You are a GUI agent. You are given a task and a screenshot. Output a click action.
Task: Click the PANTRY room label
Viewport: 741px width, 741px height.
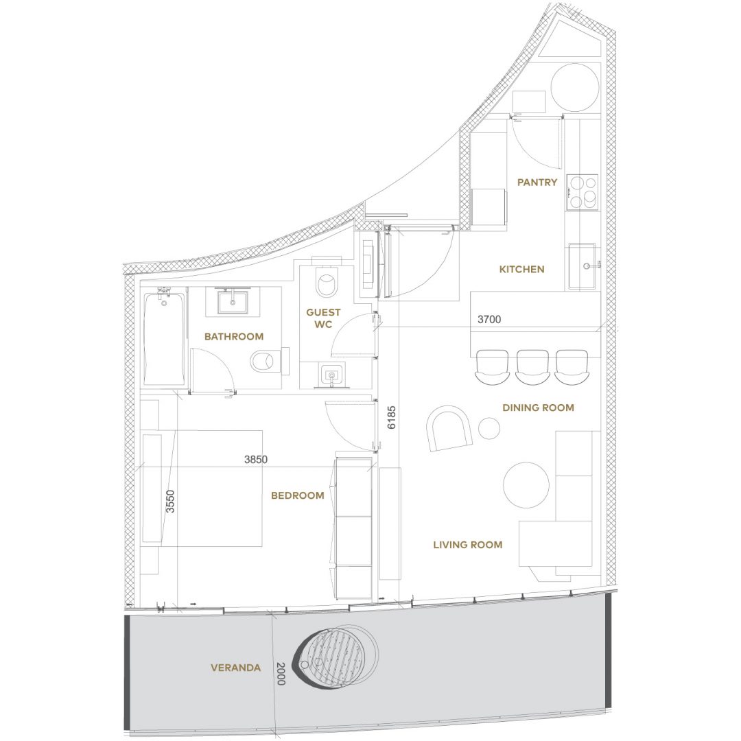click(x=537, y=183)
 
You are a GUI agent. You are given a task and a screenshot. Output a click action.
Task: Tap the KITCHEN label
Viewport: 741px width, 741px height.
click(x=521, y=270)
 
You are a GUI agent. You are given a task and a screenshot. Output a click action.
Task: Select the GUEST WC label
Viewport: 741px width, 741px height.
click(x=323, y=318)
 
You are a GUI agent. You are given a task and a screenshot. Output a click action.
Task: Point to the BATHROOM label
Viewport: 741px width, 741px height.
click(x=234, y=336)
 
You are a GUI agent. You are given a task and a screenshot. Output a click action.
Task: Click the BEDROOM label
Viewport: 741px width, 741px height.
click(x=298, y=495)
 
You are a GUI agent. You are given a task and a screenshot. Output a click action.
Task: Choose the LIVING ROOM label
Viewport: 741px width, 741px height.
click(x=468, y=545)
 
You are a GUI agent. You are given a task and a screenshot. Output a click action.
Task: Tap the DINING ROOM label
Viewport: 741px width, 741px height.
click(x=539, y=408)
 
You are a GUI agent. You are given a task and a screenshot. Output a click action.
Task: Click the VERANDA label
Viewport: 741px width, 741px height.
click(x=235, y=668)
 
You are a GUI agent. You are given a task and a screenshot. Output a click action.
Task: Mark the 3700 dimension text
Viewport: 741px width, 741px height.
click(x=489, y=320)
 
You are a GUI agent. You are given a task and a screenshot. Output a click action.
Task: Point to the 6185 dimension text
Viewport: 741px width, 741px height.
click(x=391, y=418)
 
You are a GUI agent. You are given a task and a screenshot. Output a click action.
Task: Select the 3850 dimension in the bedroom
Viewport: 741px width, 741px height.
click(x=256, y=459)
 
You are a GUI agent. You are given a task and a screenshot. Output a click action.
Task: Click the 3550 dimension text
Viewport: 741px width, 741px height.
click(x=170, y=502)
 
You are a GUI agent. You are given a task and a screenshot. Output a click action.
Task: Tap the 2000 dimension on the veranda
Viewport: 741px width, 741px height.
click(x=281, y=674)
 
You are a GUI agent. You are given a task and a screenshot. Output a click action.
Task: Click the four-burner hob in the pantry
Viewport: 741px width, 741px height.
click(x=583, y=192)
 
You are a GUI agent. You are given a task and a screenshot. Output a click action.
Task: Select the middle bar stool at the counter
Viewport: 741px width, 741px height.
click(x=532, y=366)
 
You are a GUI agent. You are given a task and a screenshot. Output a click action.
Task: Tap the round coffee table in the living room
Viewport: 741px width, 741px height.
click(x=526, y=485)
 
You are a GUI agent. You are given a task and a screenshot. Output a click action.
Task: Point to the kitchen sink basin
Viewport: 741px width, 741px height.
click(x=582, y=266)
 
